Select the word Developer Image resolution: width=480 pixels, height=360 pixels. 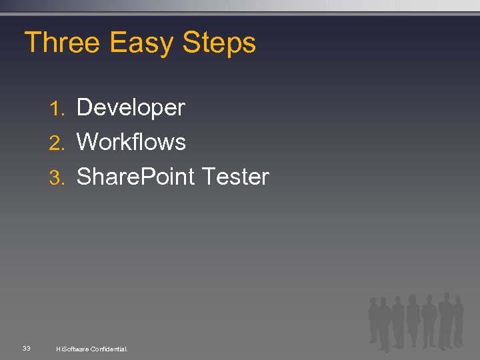coord(131,108)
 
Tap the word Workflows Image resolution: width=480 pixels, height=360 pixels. coord(131,142)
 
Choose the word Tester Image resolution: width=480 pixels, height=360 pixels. coord(235,177)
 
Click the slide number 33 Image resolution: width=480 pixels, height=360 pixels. coord(26,348)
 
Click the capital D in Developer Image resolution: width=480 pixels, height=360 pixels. coord(85,108)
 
